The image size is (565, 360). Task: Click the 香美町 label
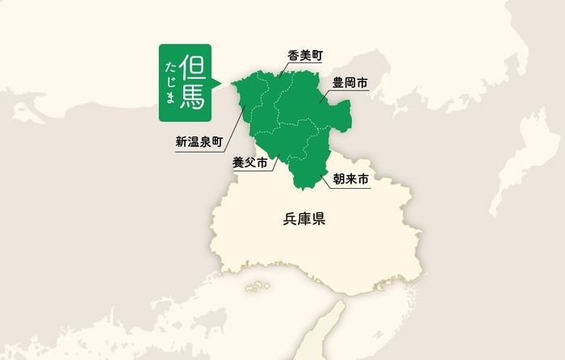pos(305,55)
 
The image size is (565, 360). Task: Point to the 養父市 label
pos(249,162)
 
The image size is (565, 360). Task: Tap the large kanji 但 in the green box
pos(195,65)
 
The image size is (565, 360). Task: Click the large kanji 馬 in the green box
pos(195,95)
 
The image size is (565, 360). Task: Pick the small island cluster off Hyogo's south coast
pos(257,286)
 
